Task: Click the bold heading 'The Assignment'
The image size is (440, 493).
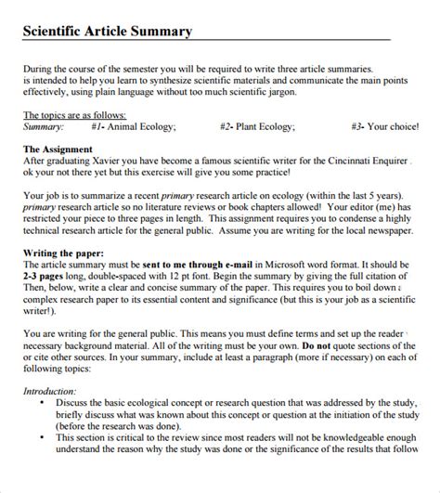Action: (x=57, y=149)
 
